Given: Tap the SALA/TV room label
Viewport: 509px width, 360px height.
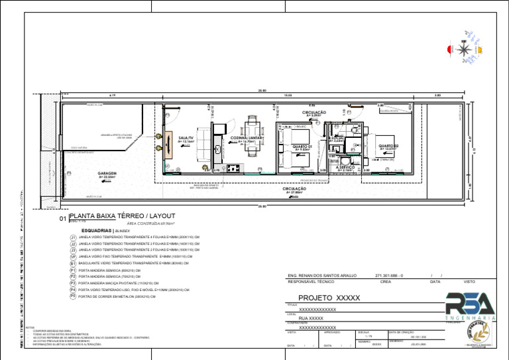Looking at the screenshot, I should [x=186, y=138].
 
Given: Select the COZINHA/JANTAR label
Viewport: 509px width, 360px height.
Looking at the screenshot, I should [x=244, y=138].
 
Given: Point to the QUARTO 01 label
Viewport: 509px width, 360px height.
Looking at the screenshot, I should [x=302, y=146].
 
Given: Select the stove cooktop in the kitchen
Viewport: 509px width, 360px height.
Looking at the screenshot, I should [x=234, y=168].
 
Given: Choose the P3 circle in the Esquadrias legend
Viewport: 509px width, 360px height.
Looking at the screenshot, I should [x=73, y=283].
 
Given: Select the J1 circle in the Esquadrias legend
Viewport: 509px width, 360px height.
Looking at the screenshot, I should [x=73, y=237].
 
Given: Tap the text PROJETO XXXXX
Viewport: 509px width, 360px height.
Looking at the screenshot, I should [x=329, y=298].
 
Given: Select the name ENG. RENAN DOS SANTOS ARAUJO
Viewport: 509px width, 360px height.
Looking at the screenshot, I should [x=322, y=275].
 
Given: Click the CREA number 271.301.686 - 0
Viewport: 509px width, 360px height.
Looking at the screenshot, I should [x=389, y=275].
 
